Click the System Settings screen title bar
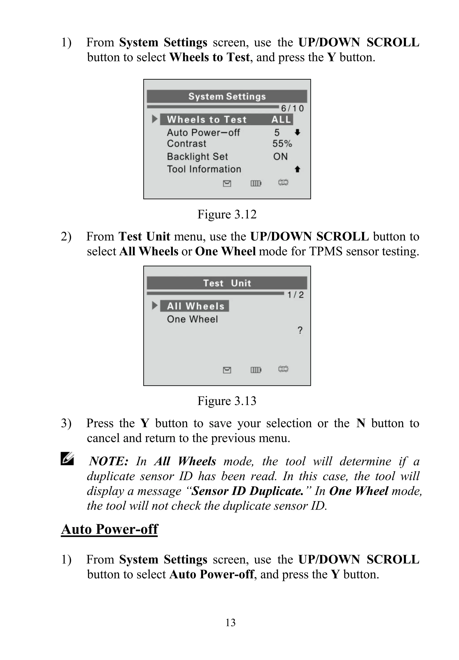(227, 96)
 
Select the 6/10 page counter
(292, 108)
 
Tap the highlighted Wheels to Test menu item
(226, 120)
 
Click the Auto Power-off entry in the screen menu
(203, 132)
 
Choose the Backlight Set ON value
(280, 156)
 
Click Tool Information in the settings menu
(204, 169)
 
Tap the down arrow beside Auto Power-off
(298, 132)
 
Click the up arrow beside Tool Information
(298, 169)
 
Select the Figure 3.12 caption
(227, 214)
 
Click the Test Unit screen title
(227, 283)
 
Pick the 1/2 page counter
(296, 295)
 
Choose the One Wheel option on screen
(192, 319)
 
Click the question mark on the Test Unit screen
(300, 330)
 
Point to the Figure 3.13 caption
(227, 401)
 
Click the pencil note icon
(67, 459)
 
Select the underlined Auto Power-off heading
(110, 529)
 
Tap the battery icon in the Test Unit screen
(256, 370)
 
